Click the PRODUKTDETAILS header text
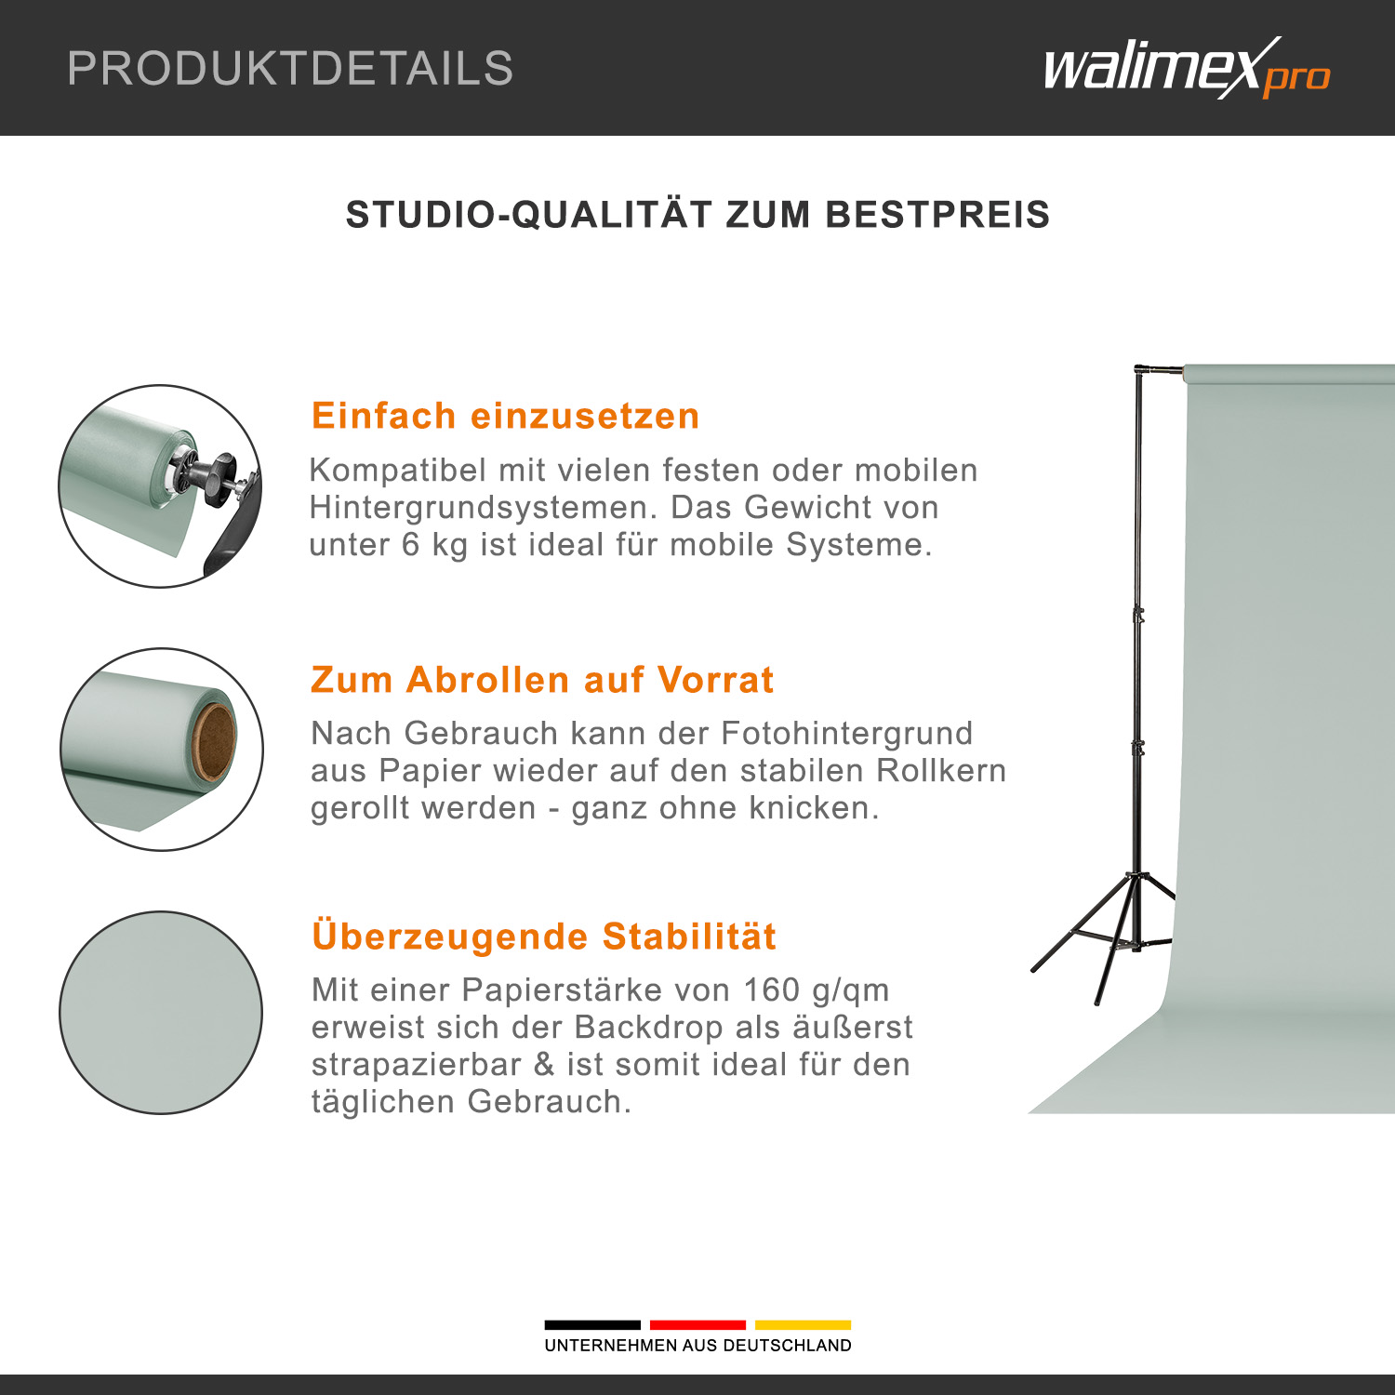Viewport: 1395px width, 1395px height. click(290, 69)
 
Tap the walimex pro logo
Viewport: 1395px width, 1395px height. click(1187, 68)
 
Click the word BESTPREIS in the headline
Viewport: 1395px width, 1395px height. click(937, 215)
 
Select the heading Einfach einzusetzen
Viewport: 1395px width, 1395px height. click(505, 416)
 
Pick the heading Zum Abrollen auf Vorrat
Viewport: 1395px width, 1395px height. click(542, 680)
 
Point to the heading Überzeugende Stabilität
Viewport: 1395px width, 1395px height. click(544, 936)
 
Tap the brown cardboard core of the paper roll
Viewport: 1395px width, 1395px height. click(214, 741)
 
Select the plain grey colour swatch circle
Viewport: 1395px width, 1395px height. click(161, 1012)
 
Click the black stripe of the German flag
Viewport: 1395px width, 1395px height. click(592, 1324)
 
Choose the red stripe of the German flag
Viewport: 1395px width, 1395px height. click(697, 1324)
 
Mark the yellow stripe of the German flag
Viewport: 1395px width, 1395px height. click(803, 1324)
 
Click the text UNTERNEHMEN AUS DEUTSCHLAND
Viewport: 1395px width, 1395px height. click(697, 1346)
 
